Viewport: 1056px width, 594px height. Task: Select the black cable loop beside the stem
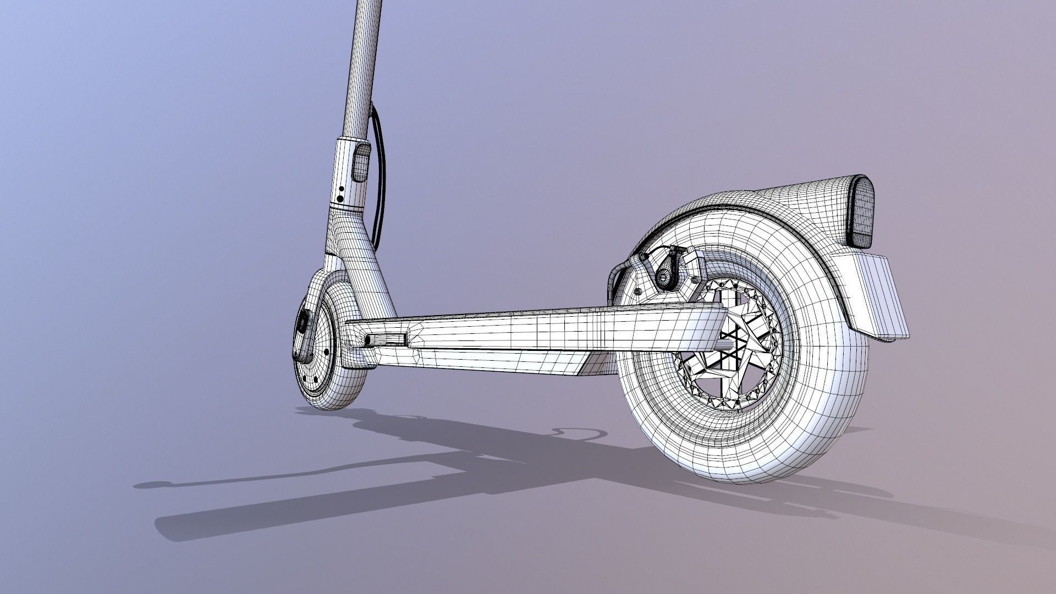[x=380, y=176]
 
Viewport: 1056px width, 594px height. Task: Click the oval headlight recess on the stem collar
[x=360, y=161]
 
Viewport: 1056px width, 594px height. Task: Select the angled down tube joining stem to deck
[x=369, y=264]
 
